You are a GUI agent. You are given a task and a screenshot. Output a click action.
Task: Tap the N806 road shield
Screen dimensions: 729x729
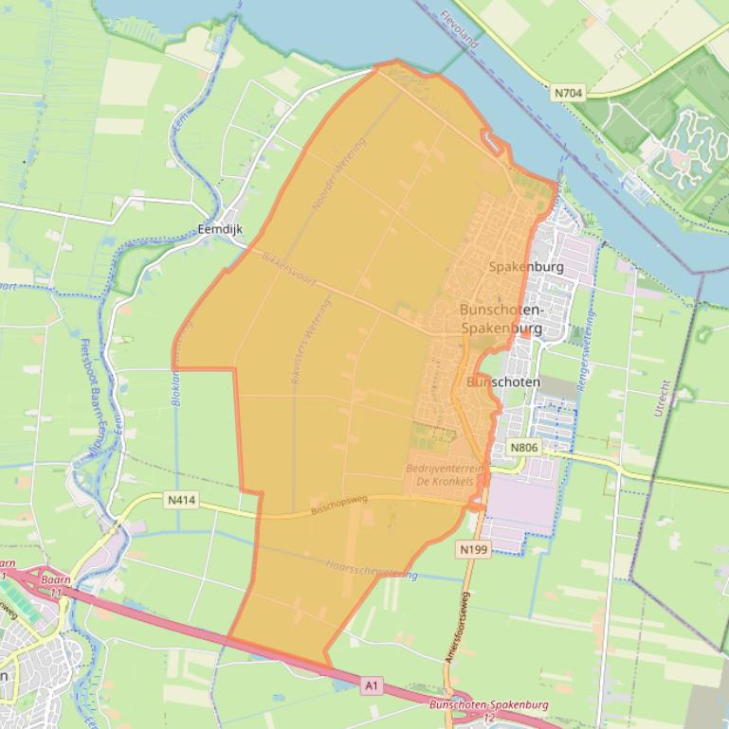(523, 447)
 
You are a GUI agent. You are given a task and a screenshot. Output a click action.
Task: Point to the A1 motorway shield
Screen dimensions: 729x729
(372, 682)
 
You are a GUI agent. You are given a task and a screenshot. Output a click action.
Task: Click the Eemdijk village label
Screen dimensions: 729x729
(220, 229)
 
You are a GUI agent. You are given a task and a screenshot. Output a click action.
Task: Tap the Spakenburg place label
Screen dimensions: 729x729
(526, 267)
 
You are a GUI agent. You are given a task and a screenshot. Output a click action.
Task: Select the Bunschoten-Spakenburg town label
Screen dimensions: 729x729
(501, 319)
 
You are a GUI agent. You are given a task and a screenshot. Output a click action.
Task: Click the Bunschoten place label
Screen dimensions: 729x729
(503, 382)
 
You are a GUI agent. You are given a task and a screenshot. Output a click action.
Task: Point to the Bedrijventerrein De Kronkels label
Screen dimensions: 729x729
(441, 475)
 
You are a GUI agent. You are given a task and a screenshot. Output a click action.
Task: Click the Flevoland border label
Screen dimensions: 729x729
(460, 29)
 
